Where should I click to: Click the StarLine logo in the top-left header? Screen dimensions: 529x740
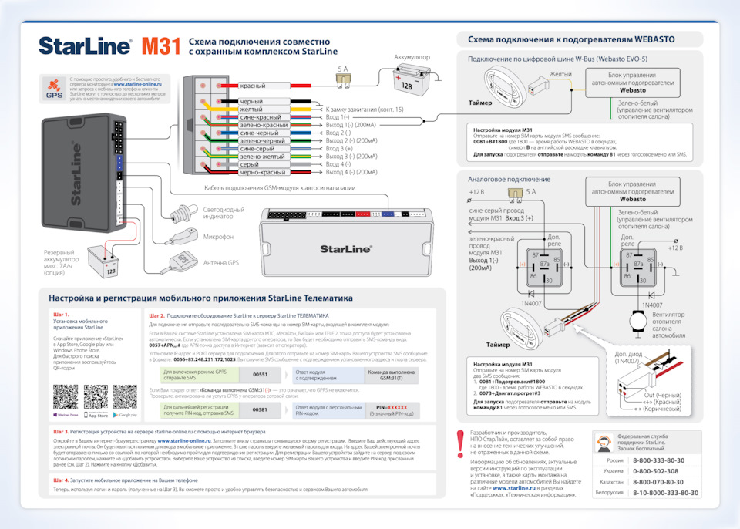85,46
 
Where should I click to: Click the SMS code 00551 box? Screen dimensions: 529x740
260,374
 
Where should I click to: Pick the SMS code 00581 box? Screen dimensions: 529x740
260,409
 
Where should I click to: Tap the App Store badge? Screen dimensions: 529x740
97,414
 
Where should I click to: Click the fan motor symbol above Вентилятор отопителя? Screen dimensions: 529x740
636,318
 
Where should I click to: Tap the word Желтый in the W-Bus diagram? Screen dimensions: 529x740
560,75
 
